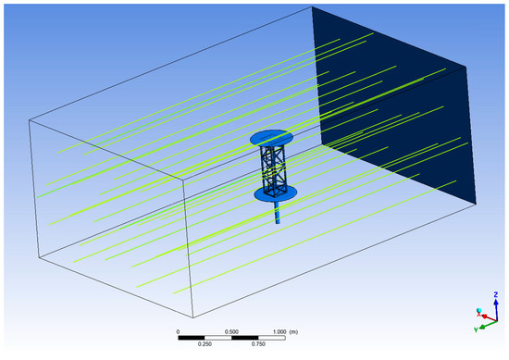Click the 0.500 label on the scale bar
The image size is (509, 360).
231,331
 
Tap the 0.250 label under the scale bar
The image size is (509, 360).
205,344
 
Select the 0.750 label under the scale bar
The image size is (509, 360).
258,344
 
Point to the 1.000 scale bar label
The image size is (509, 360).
279,331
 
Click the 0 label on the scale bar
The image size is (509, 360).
178,331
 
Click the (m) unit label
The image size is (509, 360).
293,331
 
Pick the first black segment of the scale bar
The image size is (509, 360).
192,338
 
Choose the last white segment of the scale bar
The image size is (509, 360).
272,338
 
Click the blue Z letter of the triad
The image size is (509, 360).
496,294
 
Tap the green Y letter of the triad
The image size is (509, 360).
476,329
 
